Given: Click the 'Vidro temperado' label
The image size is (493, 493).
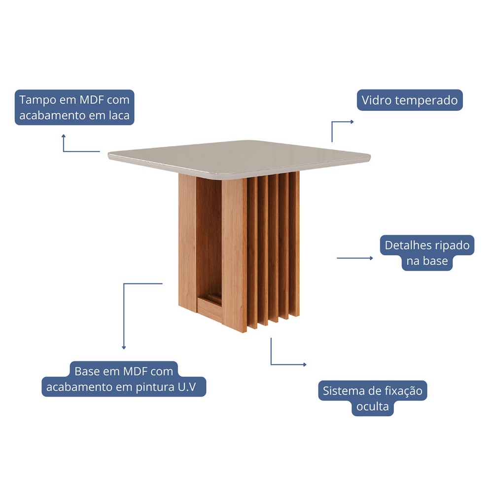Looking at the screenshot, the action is (410, 100).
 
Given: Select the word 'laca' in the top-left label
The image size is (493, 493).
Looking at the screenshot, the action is (119, 115).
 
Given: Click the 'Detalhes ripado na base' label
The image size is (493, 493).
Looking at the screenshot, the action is (427, 253).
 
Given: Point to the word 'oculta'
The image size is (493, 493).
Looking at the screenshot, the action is (373, 406).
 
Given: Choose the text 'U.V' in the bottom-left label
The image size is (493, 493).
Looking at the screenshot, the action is (187, 387).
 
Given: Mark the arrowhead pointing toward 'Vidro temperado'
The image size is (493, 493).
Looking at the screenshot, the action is (352, 122).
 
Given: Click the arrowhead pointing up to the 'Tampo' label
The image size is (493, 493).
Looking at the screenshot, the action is (64, 136).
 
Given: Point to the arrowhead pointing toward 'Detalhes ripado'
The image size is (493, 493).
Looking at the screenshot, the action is (371, 258).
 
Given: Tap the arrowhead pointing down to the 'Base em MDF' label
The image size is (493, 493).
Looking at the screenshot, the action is (124, 348).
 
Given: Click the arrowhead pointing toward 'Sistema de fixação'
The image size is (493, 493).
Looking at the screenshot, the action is (305, 364).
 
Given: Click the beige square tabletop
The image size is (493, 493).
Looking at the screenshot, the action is (239, 157).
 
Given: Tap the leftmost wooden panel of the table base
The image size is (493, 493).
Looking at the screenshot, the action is (187, 243).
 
